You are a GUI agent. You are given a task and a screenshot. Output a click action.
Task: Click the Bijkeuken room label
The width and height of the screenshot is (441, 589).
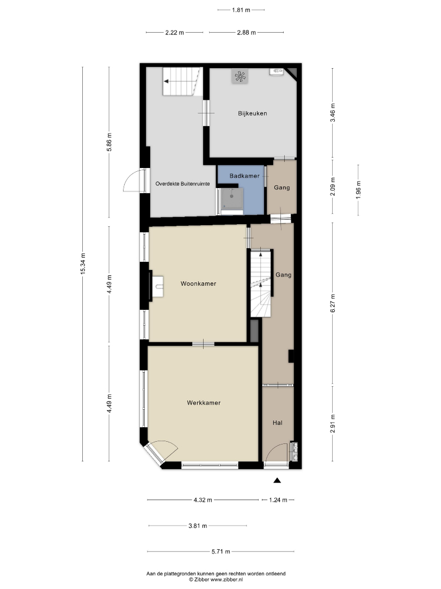click(x=253, y=113)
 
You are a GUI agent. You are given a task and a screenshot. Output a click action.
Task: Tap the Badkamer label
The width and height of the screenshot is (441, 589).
click(x=244, y=176)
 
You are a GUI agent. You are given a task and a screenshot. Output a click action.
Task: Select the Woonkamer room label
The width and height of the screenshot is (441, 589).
click(x=198, y=284)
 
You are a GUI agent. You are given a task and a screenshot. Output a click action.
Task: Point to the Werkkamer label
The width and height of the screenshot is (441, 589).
click(x=204, y=402)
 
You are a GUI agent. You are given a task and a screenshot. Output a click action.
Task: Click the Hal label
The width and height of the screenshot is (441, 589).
click(x=278, y=423)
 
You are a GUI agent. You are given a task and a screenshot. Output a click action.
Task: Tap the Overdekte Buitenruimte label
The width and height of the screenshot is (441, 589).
click(x=182, y=184)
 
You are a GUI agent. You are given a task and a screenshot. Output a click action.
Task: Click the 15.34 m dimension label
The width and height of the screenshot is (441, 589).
click(x=83, y=263)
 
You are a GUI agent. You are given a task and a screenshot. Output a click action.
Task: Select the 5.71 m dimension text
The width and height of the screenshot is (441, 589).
click(x=220, y=551)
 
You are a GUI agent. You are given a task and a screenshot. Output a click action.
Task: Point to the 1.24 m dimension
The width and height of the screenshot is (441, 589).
click(x=278, y=500)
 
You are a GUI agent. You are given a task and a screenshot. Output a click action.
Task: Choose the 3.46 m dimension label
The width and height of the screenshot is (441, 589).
click(x=332, y=112)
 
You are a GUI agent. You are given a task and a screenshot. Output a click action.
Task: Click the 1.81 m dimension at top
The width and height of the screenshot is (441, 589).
click(x=241, y=10)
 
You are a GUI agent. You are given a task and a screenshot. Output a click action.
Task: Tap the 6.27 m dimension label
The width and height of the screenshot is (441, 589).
click(x=332, y=303)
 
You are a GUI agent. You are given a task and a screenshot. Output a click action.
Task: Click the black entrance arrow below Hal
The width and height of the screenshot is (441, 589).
click(x=277, y=480)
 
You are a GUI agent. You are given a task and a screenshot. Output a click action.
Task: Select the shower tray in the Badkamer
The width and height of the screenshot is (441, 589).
click(x=231, y=199)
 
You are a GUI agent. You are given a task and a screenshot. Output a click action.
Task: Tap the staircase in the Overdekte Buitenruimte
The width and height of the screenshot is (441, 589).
click(x=180, y=81)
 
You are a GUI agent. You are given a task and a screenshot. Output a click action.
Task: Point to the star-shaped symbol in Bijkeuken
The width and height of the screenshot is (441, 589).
click(x=240, y=77)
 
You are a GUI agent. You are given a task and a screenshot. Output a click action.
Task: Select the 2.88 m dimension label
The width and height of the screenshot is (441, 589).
click(x=247, y=33)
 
